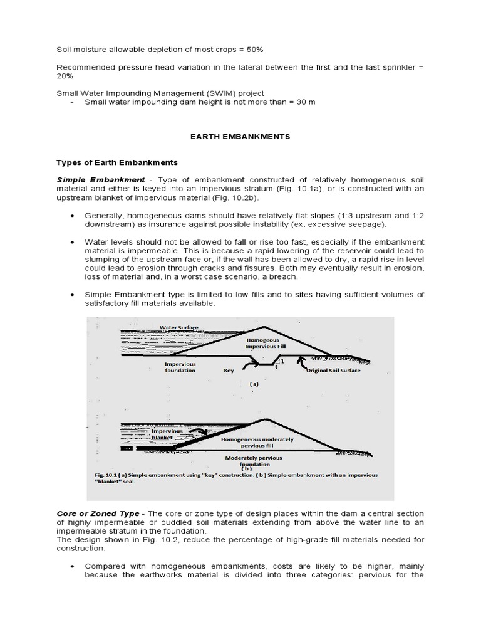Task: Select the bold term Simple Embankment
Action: click(x=101, y=179)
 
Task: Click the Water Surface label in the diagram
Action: click(x=180, y=327)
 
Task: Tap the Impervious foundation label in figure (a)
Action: click(x=180, y=367)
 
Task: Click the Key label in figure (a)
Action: click(x=229, y=371)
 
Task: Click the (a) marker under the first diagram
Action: click(x=254, y=383)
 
